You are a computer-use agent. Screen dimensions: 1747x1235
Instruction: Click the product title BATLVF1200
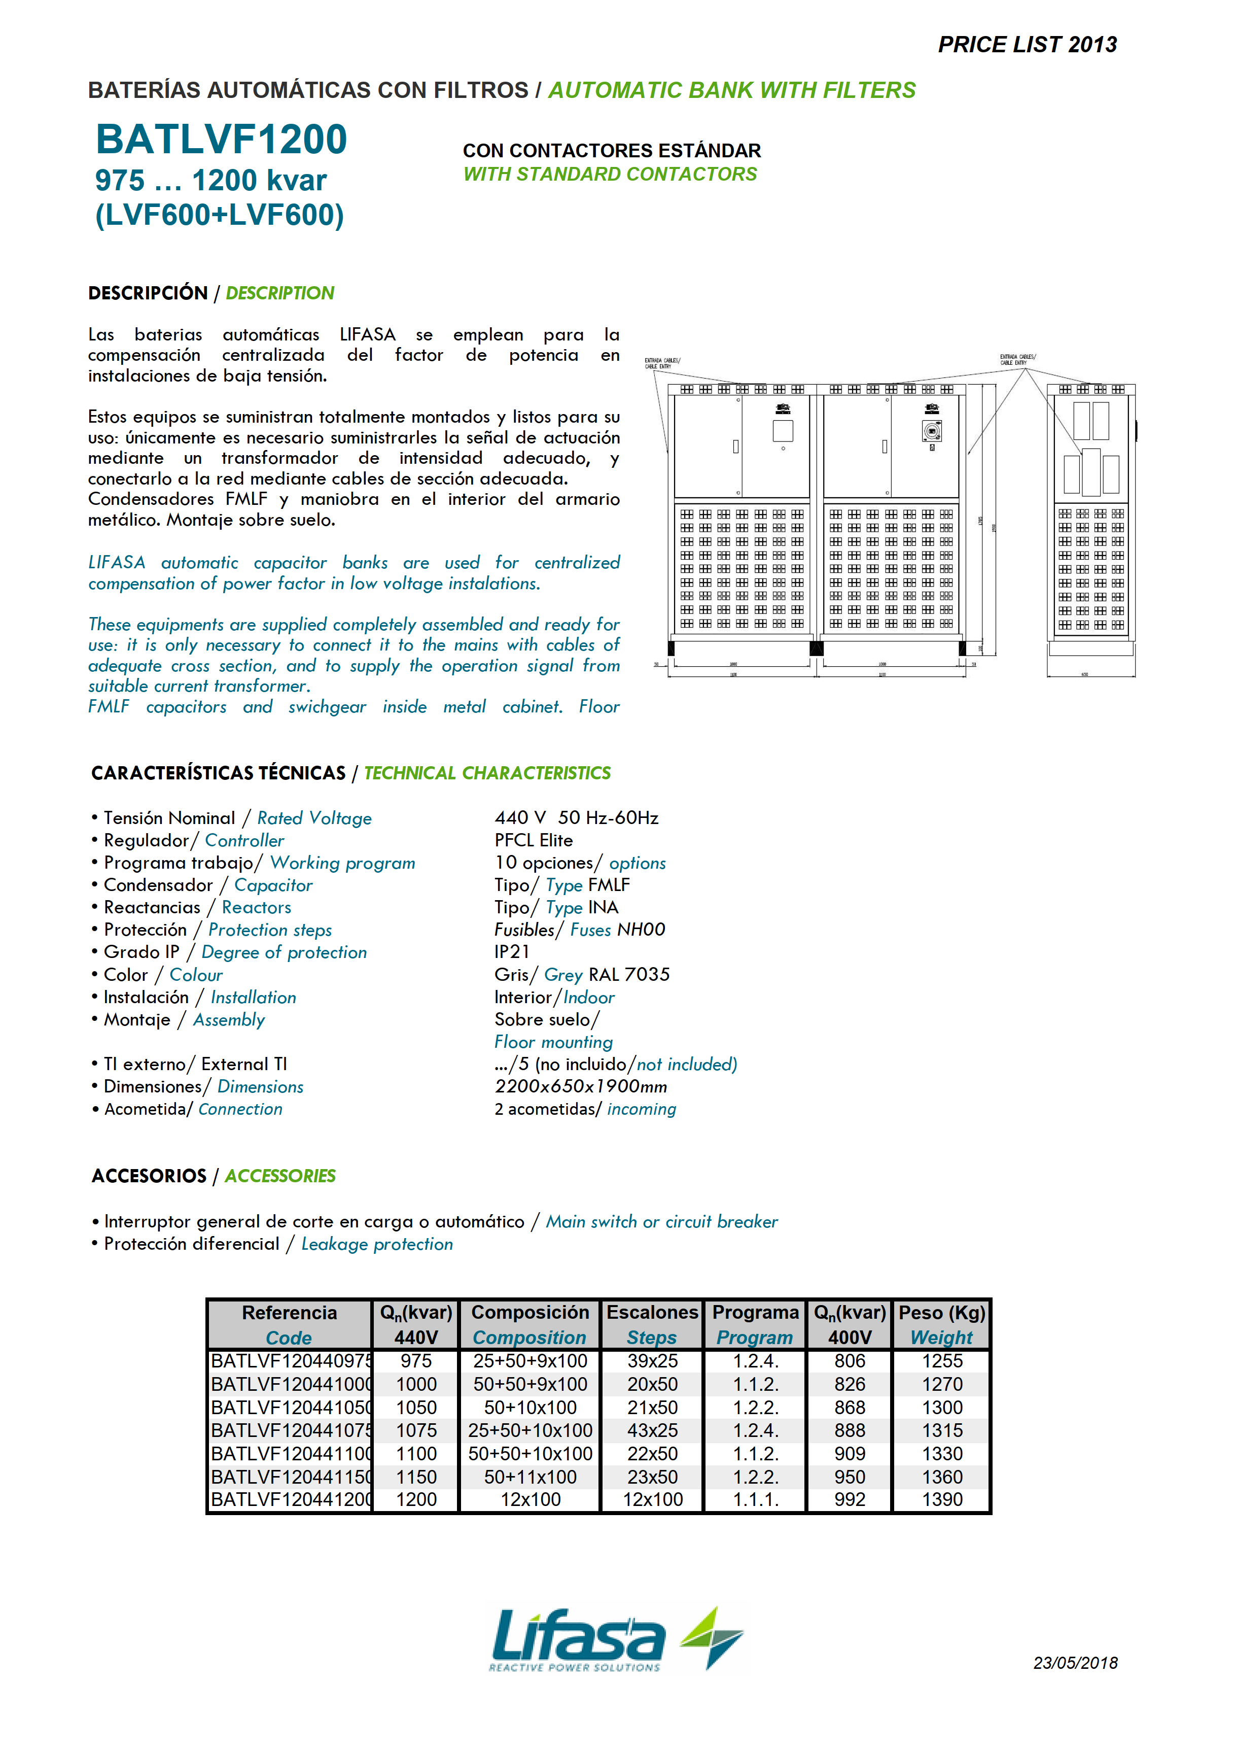pyautogui.click(x=221, y=140)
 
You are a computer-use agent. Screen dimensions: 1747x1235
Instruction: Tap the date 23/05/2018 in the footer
pyautogui.click(x=1075, y=1663)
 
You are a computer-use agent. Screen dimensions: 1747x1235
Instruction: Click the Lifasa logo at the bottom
pyautogui.click(x=617, y=1640)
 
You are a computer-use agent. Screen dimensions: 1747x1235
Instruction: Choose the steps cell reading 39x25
pyautogui.click(x=652, y=1361)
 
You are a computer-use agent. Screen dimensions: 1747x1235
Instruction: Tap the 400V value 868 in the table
pyautogui.click(x=850, y=1408)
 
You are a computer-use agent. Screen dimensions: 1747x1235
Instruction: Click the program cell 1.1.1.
pyautogui.click(x=755, y=1500)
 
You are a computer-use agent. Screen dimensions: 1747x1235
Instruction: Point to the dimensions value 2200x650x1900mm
pyautogui.click(x=581, y=1086)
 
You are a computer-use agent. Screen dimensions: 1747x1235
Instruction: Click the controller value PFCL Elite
pyautogui.click(x=534, y=840)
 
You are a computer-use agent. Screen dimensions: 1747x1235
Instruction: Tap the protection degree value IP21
pyautogui.click(x=512, y=952)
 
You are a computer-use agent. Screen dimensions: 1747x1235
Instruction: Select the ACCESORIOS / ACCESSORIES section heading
pyautogui.click(x=214, y=1176)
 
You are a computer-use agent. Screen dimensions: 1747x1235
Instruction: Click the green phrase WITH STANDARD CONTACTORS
pyautogui.click(x=610, y=174)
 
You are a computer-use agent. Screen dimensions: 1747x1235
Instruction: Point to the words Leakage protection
pyautogui.click(x=377, y=1244)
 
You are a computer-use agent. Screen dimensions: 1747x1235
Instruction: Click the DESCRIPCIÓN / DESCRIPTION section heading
pyautogui.click(x=210, y=293)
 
